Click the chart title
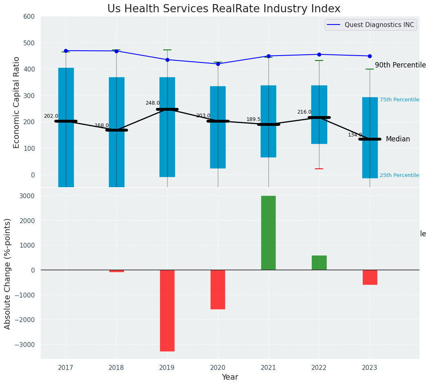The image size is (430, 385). [x=224, y=9]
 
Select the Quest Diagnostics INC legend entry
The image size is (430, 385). [x=379, y=25]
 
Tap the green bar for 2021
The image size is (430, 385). [x=268, y=233]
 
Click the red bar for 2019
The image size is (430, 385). [x=167, y=311]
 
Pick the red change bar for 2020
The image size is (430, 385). [x=218, y=289]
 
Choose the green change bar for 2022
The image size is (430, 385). [x=319, y=263]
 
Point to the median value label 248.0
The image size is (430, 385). [x=153, y=103]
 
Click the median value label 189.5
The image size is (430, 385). [x=253, y=119]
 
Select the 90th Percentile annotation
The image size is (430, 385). [x=400, y=65]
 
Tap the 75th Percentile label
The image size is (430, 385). [x=399, y=100]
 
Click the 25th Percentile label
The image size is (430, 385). [x=399, y=175]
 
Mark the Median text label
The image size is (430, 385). [x=398, y=139]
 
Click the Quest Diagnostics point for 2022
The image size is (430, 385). [x=319, y=54]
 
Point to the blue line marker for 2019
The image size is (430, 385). [x=167, y=60]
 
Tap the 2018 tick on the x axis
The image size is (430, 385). [x=116, y=368]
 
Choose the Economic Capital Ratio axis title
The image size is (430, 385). [x=17, y=102]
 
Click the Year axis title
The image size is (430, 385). [x=230, y=377]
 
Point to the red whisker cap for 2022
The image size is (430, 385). [x=319, y=169]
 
